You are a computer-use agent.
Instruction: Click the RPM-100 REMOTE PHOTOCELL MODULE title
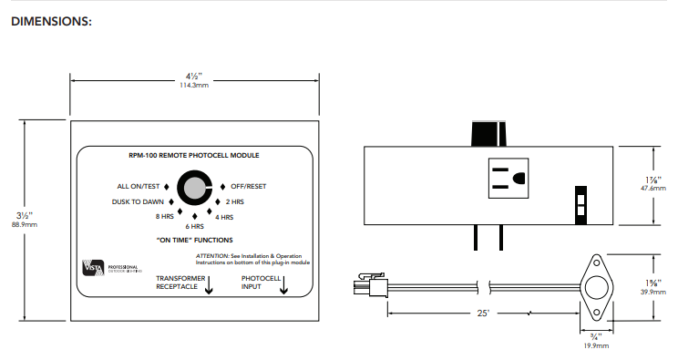pos(193,157)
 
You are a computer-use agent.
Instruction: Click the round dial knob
pos(194,189)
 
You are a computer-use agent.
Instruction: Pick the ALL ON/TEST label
pos(138,185)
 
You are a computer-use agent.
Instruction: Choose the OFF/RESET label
pos(248,185)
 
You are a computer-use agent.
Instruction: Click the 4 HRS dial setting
pos(223,217)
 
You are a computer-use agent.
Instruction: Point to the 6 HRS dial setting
pos(194,225)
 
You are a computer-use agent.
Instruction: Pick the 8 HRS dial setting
pos(163,217)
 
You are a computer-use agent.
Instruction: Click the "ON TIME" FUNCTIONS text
pos(192,240)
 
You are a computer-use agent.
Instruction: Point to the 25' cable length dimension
pos(480,313)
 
